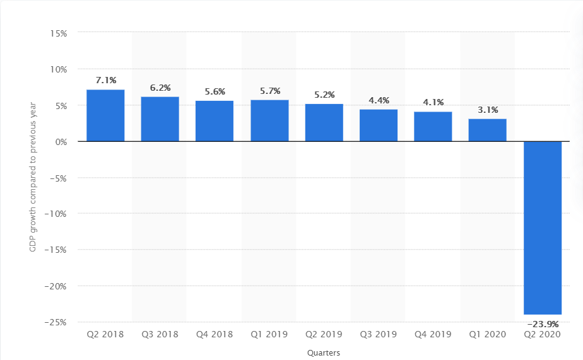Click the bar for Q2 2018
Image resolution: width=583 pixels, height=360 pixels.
[x=105, y=115]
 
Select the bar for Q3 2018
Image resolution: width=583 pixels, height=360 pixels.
[x=160, y=119]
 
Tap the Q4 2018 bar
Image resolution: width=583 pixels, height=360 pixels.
[x=215, y=121]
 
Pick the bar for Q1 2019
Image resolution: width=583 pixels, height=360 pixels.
[x=269, y=120]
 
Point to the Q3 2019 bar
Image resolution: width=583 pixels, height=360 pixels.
[x=379, y=125]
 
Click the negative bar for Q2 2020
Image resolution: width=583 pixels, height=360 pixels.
[x=543, y=228]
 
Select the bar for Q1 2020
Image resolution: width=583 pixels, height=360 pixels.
[x=487, y=130]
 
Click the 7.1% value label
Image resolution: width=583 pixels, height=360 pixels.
[x=105, y=80]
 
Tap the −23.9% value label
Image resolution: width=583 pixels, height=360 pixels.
[x=543, y=325]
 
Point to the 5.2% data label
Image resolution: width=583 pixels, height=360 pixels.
[x=324, y=95]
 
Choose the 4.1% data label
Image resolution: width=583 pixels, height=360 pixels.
[x=433, y=102]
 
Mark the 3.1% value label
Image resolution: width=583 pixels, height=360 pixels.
[x=487, y=110]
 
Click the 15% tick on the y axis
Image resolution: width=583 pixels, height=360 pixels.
[x=59, y=33]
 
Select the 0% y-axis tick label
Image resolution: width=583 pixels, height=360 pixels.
[x=61, y=141]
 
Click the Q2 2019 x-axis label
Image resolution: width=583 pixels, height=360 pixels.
[x=324, y=334]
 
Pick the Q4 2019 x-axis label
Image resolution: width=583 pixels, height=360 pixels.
[x=433, y=334]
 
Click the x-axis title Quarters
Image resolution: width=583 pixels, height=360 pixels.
[x=324, y=353]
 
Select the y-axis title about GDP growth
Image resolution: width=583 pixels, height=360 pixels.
[x=33, y=177]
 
